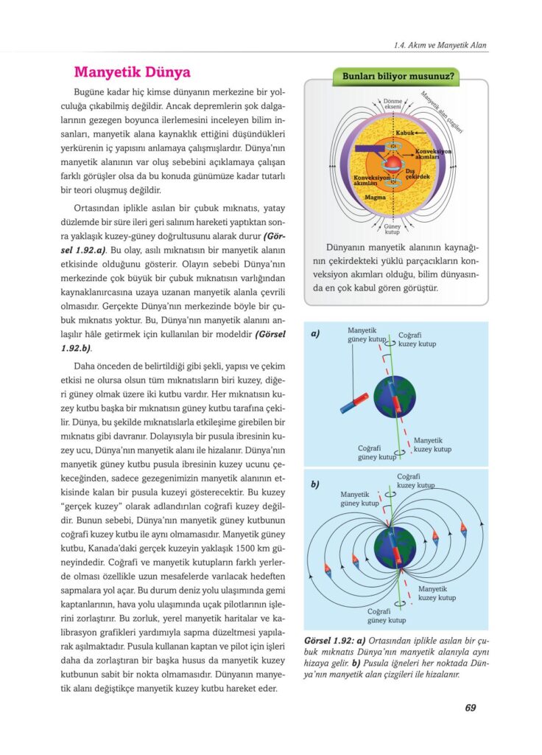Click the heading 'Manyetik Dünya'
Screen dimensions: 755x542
coord(133,72)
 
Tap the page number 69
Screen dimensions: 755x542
coord(470,708)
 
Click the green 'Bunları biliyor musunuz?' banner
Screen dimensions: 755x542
coord(397,76)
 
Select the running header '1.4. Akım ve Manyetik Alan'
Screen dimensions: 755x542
coord(441,46)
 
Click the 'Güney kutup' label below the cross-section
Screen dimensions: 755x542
coord(393,229)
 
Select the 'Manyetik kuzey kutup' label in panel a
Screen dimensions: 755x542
coord(432,445)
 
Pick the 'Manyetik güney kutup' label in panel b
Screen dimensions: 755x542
coord(359,498)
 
